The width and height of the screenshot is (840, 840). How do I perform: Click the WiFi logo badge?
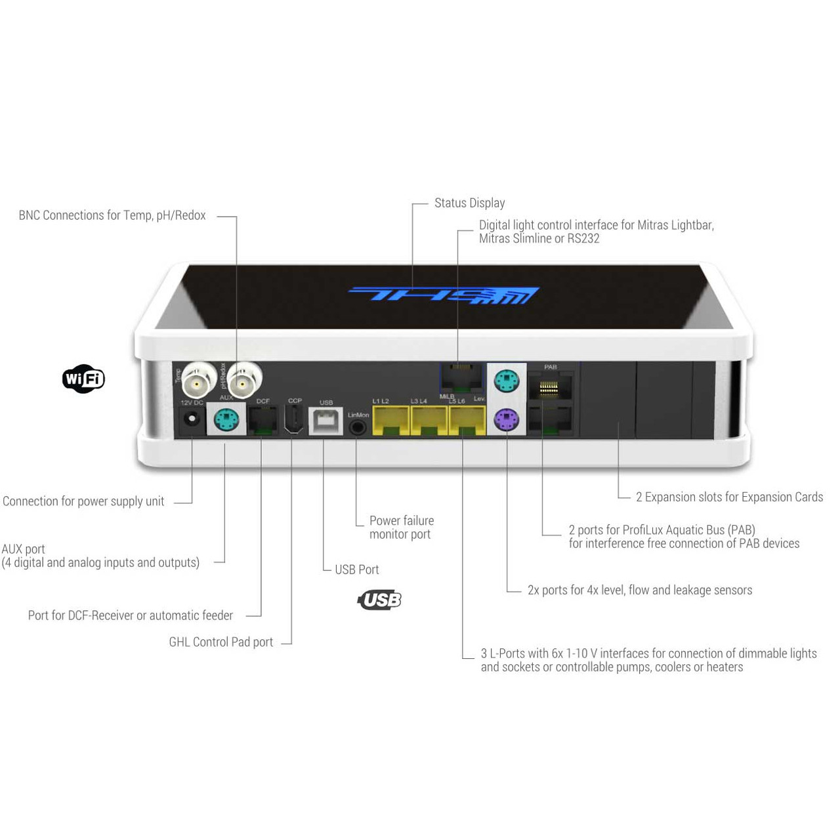tap(83, 379)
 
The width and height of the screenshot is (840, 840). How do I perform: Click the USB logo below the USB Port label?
tap(379, 600)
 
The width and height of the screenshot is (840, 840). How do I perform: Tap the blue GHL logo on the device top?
tap(444, 295)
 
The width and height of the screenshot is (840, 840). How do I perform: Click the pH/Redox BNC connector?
tap(244, 379)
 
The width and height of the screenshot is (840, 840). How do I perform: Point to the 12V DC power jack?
tap(192, 418)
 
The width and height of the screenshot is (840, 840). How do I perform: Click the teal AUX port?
tap(226, 419)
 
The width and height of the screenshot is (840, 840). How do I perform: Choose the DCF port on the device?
tap(263, 420)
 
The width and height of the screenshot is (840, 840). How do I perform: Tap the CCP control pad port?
tap(294, 419)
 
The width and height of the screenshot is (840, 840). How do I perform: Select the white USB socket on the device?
tap(326, 421)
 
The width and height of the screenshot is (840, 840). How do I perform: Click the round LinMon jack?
tap(358, 427)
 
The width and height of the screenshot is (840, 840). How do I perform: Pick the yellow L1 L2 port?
tap(390, 421)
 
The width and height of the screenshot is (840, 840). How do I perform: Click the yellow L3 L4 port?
tap(429, 421)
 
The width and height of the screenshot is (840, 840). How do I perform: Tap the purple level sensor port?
tap(506, 419)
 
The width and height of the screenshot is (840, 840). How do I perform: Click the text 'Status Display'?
tap(469, 203)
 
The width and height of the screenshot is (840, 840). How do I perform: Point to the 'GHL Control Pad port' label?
tap(220, 642)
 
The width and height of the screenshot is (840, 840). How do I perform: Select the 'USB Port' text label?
tap(356, 570)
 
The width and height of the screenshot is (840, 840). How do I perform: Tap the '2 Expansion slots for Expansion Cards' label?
tap(729, 497)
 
